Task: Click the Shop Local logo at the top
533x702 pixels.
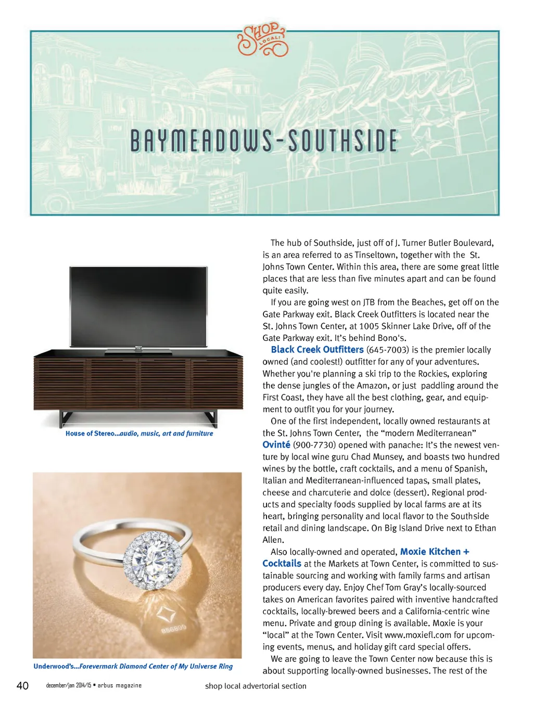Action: pyautogui.click(x=262, y=40)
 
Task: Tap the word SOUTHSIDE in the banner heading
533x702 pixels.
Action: pyautogui.click(x=343, y=142)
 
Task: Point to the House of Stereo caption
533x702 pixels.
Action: pyautogui.click(x=139, y=433)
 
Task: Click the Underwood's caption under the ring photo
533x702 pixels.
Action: pyautogui.click(x=133, y=666)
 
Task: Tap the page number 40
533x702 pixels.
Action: pyautogui.click(x=22, y=685)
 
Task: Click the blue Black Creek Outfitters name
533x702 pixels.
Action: pyautogui.click(x=317, y=350)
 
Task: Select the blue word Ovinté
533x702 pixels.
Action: pyautogui.click(x=276, y=445)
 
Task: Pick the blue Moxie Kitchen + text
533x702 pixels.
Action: pyautogui.click(x=434, y=552)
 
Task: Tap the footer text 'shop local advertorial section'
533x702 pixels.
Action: pyautogui.click(x=256, y=686)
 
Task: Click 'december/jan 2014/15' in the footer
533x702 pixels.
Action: pyautogui.click(x=68, y=685)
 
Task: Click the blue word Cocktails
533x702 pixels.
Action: pyautogui.click(x=282, y=564)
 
